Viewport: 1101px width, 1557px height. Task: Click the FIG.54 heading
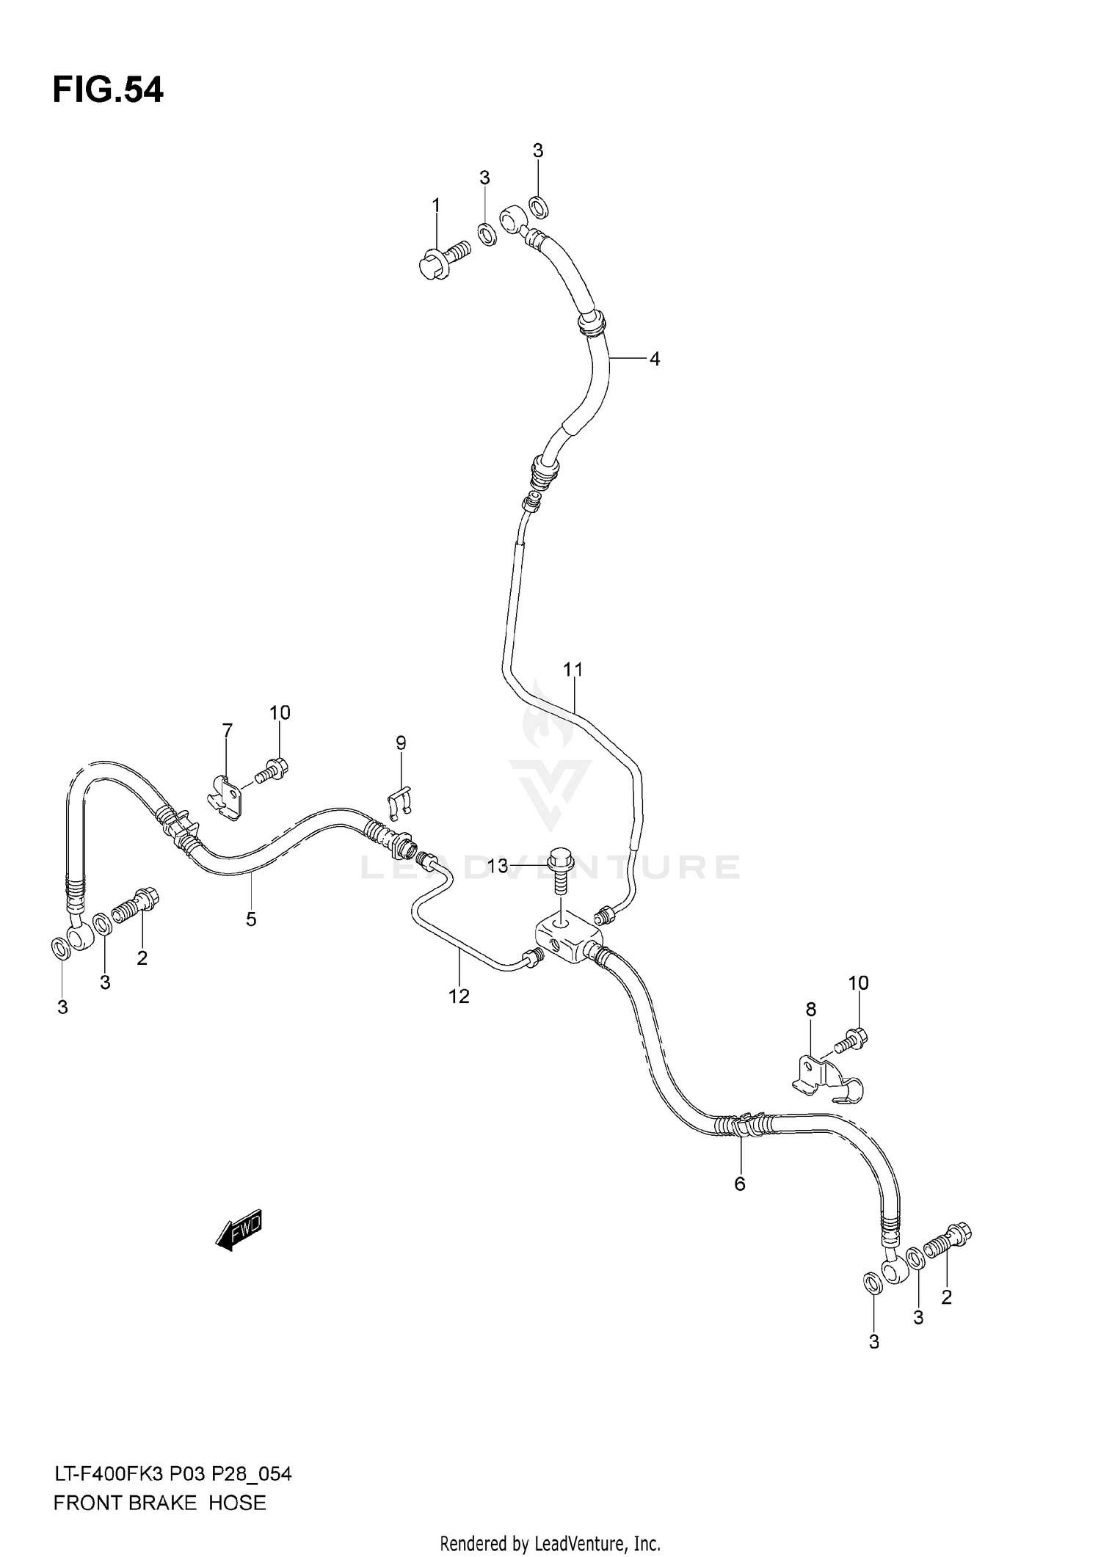pyautogui.click(x=108, y=90)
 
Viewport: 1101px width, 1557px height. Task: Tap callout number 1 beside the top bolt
pyautogui.click(x=436, y=205)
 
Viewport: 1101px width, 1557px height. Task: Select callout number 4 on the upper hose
pyautogui.click(x=654, y=359)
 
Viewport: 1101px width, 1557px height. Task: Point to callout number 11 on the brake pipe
pyautogui.click(x=573, y=669)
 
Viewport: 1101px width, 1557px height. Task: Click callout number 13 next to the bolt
pyautogui.click(x=498, y=867)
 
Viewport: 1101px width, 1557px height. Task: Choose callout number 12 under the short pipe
pyautogui.click(x=459, y=996)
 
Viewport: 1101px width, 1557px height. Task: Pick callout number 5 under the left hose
pyautogui.click(x=251, y=919)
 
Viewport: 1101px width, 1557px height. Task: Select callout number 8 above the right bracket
pyautogui.click(x=810, y=1009)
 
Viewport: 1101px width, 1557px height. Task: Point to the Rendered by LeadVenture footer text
pyautogui.click(x=550, y=1544)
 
